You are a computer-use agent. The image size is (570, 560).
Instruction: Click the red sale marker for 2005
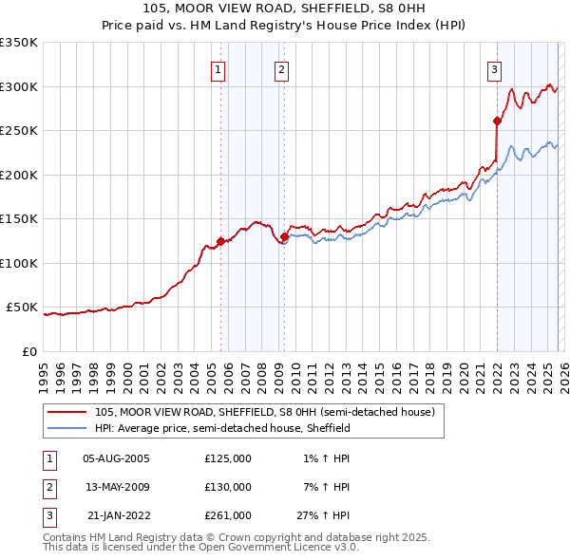click(x=220, y=241)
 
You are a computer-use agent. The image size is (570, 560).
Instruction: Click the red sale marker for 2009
click(x=284, y=237)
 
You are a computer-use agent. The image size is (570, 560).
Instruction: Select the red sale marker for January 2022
click(x=497, y=121)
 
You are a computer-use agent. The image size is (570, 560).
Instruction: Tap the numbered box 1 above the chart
click(x=218, y=68)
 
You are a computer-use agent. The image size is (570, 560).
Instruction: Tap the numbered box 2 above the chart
click(x=282, y=68)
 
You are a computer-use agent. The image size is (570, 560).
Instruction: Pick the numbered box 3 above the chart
click(x=495, y=68)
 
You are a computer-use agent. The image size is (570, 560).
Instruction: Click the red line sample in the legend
click(x=68, y=413)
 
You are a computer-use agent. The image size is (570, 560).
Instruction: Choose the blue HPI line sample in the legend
click(x=68, y=429)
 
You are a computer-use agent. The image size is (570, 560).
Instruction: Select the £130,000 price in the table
click(x=228, y=487)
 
